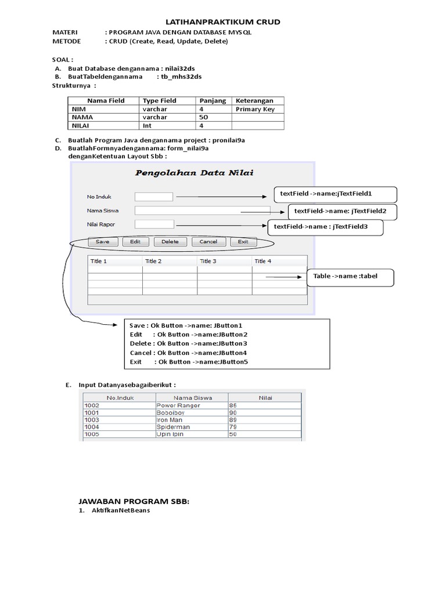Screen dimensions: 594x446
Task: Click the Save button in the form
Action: click(102, 241)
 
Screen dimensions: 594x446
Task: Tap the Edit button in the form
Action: click(135, 241)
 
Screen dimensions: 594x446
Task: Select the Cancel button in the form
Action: click(208, 241)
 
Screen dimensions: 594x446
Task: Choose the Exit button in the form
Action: click(243, 241)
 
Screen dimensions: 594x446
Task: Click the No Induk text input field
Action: click(154, 197)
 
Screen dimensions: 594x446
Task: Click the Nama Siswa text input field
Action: click(202, 211)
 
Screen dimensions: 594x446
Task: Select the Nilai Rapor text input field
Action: click(154, 224)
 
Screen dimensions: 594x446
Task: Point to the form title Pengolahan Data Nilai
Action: click(194, 172)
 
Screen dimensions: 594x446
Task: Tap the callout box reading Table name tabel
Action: click(350, 277)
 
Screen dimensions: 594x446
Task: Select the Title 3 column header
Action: click(224, 261)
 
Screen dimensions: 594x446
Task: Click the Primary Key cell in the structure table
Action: click(258, 109)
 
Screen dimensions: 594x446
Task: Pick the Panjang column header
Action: click(213, 101)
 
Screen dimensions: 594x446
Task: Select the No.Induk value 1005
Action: click(116, 434)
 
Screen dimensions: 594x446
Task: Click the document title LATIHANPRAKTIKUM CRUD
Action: click(223, 22)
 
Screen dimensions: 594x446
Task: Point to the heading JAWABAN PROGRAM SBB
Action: click(134, 501)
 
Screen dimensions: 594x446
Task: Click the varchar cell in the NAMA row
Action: click(167, 117)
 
